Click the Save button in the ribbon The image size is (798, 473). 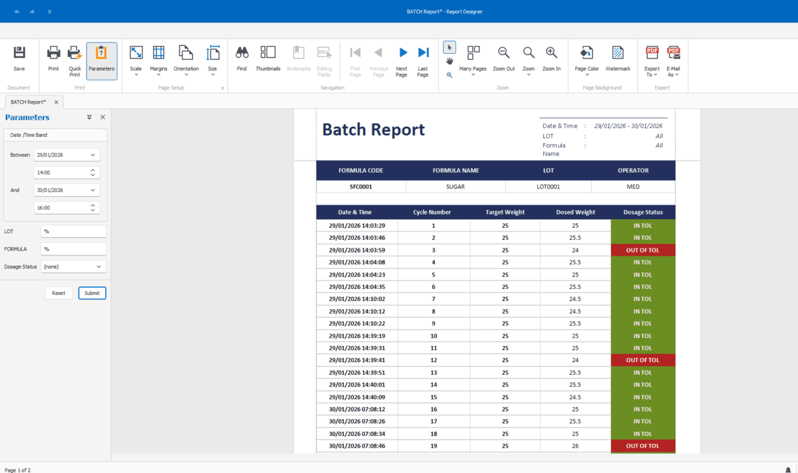point(19,59)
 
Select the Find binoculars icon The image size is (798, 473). point(242,58)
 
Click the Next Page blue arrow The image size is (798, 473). point(402,58)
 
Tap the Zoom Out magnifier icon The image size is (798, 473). point(504,58)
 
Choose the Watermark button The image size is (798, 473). point(618,58)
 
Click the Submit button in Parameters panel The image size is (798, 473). point(92,293)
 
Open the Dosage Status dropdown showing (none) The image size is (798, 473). point(72,266)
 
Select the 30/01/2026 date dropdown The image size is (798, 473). point(66,190)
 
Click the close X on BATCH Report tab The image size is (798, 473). point(57,102)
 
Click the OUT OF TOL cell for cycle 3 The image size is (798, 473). point(642,250)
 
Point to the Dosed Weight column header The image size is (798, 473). point(575,213)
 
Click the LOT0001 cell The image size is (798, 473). point(548,187)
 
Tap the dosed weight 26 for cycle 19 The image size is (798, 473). point(575,446)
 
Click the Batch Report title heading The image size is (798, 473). point(373,130)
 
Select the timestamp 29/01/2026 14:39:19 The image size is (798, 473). point(356,336)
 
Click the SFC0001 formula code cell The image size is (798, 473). point(361,187)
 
